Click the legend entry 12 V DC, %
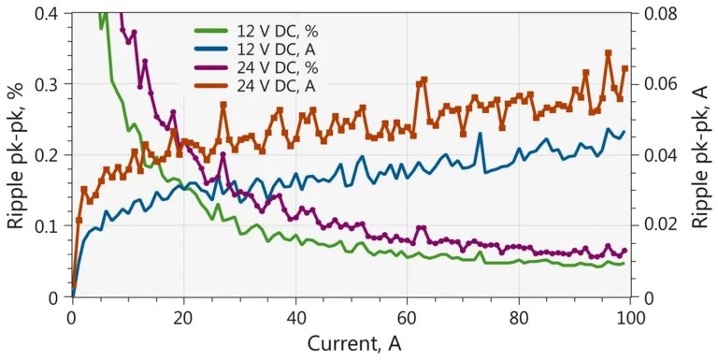point(256,32)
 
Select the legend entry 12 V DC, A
point(255,50)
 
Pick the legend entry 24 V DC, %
point(256,67)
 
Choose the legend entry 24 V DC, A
point(255,86)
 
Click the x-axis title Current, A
point(354,343)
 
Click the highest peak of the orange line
point(609,52)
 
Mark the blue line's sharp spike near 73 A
point(480,134)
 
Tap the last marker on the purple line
point(625,251)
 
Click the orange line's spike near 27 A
point(223,105)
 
